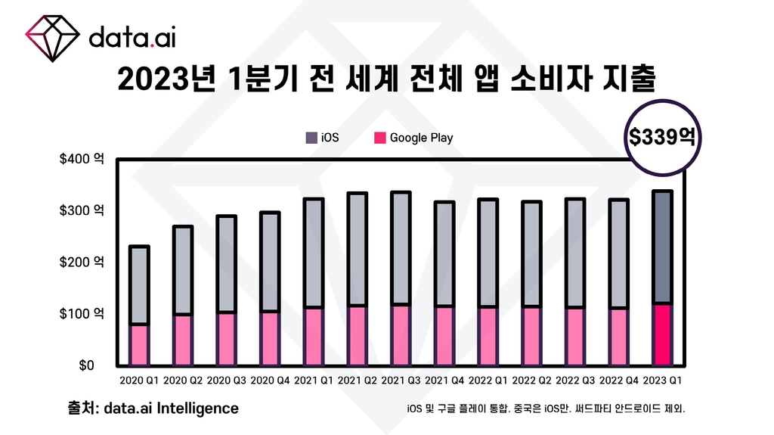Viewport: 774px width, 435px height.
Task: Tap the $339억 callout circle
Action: [x=662, y=137]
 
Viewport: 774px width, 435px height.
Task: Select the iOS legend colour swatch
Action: [x=311, y=138]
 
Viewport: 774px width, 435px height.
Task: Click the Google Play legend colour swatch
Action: [x=380, y=138]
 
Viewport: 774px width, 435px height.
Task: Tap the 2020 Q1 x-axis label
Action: [x=139, y=378]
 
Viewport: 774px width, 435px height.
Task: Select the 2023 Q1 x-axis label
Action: [x=662, y=378]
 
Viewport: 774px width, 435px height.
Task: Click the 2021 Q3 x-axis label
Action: [x=401, y=378]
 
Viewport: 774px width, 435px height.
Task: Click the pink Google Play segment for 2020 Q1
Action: [x=139, y=345]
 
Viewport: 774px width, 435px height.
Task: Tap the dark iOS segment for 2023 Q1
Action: [x=662, y=247]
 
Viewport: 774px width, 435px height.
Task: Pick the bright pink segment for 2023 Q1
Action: [x=662, y=334]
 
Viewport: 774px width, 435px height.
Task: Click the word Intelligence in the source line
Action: [x=203, y=409]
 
